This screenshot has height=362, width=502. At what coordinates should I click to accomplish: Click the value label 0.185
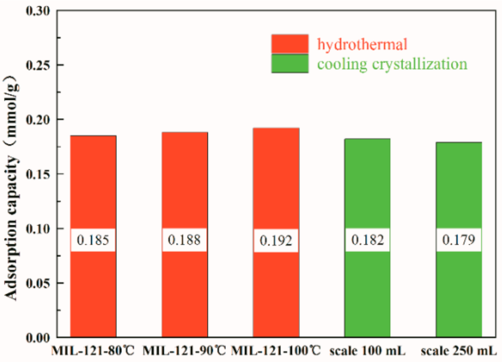(x=93, y=240)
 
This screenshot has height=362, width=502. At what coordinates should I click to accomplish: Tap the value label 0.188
(x=184, y=240)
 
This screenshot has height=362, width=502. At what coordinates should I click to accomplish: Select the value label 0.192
(x=276, y=241)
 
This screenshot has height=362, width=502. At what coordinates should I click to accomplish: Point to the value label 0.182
(x=368, y=240)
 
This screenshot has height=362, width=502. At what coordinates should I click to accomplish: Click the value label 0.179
(x=459, y=240)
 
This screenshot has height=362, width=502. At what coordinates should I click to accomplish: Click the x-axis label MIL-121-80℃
(x=93, y=351)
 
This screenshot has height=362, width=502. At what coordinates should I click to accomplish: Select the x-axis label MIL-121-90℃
(x=184, y=351)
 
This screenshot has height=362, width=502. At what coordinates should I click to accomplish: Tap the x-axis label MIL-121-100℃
(x=276, y=351)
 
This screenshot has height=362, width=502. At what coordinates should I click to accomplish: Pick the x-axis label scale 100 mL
(x=368, y=351)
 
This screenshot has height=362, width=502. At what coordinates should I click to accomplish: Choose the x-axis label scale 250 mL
(x=459, y=351)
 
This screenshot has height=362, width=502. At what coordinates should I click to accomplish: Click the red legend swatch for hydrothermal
(x=290, y=44)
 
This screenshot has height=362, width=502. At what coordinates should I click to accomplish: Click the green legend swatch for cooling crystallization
(x=290, y=63)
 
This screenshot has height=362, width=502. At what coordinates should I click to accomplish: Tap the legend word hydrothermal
(x=362, y=44)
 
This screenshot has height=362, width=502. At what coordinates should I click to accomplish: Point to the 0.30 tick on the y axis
(x=38, y=11)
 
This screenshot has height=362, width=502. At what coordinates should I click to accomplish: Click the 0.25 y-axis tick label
(x=38, y=65)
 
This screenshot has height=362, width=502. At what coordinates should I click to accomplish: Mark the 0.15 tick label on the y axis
(x=38, y=174)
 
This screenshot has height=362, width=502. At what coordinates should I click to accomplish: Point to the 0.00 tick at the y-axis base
(x=38, y=338)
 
